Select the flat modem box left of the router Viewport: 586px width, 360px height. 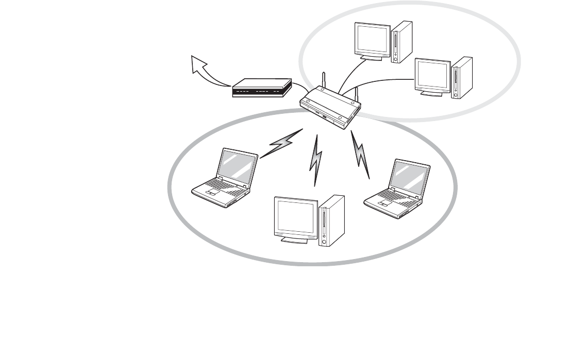(262, 88)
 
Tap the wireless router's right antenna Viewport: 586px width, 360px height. (356, 95)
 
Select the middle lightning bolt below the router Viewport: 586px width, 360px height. (316, 160)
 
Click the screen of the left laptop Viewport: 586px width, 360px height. (238, 167)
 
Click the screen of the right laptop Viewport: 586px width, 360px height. (410, 177)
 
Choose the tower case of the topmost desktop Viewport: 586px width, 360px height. (401, 41)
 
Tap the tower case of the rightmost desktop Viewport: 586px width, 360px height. (461, 77)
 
